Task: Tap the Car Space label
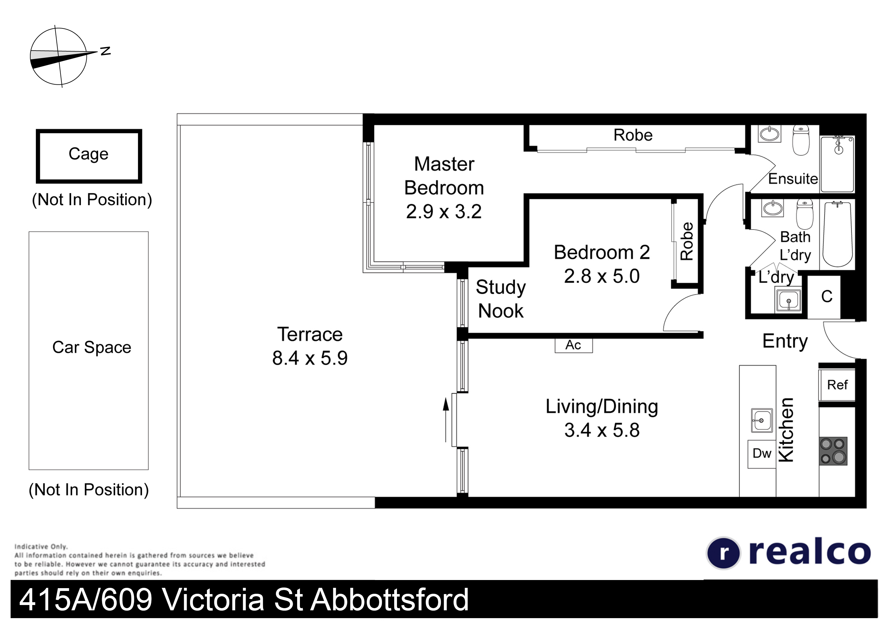91,347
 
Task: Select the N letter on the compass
105,51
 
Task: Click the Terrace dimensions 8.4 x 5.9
310,358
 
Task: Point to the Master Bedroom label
444,176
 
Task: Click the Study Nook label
501,299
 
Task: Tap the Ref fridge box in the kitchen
837,385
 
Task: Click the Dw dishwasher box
762,454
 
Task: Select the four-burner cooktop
833,451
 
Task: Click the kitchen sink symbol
762,420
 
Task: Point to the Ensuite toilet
801,140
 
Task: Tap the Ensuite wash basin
770,134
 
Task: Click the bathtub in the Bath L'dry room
837,234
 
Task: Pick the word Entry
785,341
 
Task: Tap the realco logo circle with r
723,553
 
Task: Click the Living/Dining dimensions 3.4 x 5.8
602,430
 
